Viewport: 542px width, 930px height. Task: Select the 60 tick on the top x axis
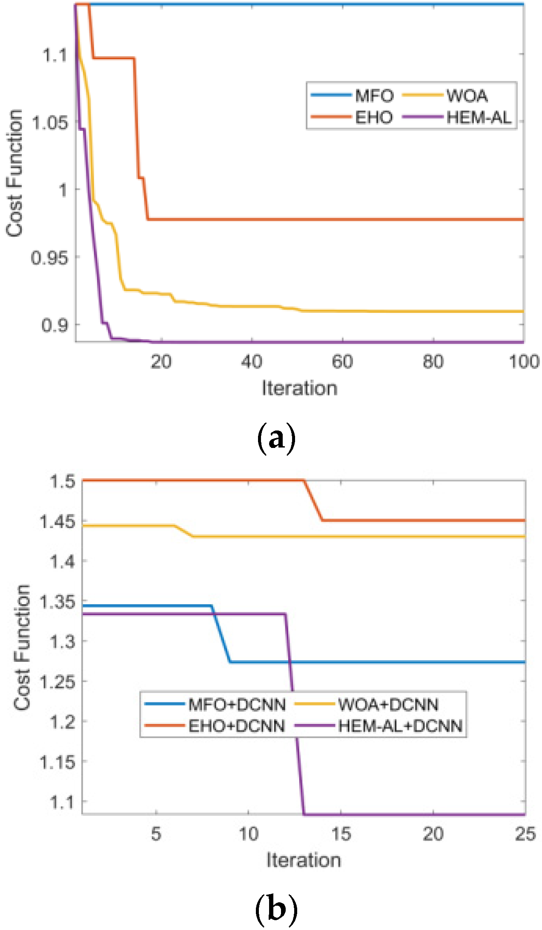pos(342,362)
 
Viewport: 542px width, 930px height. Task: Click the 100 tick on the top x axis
pos(524,362)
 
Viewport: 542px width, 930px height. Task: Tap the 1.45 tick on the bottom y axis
pos(57,521)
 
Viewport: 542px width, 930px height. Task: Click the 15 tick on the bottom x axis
pos(341,834)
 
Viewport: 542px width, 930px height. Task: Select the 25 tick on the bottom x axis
pos(525,834)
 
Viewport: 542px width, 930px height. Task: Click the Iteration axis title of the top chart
pos(300,388)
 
